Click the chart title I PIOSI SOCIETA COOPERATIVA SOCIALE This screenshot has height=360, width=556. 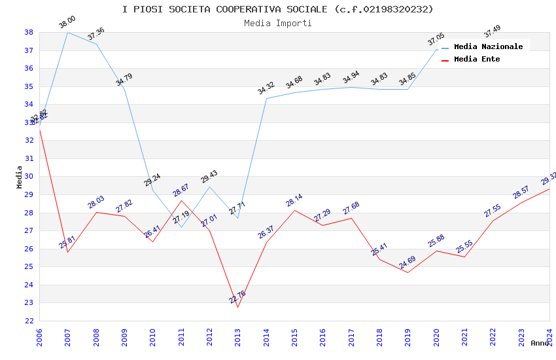point(277,9)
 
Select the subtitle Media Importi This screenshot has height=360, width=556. point(277,23)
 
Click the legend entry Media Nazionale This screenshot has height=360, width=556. point(488,46)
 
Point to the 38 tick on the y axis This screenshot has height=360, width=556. point(29,32)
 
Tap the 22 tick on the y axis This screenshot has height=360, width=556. point(29,321)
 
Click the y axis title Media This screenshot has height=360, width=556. point(20,177)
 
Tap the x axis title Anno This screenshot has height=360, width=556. point(540,343)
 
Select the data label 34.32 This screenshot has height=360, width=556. point(266,88)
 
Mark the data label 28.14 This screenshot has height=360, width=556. point(294,200)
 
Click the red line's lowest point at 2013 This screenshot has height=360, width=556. point(237,307)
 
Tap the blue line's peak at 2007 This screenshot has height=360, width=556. point(67,32)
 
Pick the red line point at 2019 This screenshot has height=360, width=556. point(408,272)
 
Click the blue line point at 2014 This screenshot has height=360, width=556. point(266,98)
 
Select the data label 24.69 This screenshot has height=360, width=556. point(408,262)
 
